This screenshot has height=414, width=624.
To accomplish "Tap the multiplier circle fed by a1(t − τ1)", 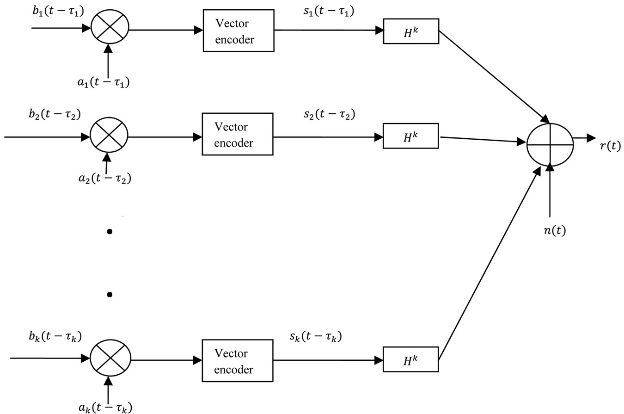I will click(110, 28).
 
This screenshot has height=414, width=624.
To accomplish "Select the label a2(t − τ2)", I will click(104, 178).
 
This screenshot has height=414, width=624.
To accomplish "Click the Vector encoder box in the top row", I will click(239, 31).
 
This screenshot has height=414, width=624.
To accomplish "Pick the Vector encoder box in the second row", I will click(238, 134).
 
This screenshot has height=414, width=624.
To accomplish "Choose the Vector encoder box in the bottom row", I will click(238, 361).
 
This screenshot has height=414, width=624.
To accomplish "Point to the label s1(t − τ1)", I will click(329, 11).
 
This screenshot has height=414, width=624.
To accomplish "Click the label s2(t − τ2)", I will click(329, 114).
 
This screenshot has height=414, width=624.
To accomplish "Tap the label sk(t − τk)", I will click(316, 336).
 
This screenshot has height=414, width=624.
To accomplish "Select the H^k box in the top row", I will click(411, 31).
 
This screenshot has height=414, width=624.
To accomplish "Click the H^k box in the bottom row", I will click(410, 360).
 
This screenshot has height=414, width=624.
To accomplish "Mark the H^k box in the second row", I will click(410, 136).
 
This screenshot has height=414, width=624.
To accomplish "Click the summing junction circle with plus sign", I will click(550, 144).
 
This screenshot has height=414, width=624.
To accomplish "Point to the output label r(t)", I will click(610, 146).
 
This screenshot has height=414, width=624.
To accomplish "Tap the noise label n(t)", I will click(555, 230).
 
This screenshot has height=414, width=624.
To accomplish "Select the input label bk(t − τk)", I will click(55, 336).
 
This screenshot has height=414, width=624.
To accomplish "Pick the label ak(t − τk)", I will click(104, 407).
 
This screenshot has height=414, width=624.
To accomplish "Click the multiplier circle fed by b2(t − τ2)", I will click(109, 136).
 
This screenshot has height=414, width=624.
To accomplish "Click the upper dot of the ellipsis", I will click(110, 232).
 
